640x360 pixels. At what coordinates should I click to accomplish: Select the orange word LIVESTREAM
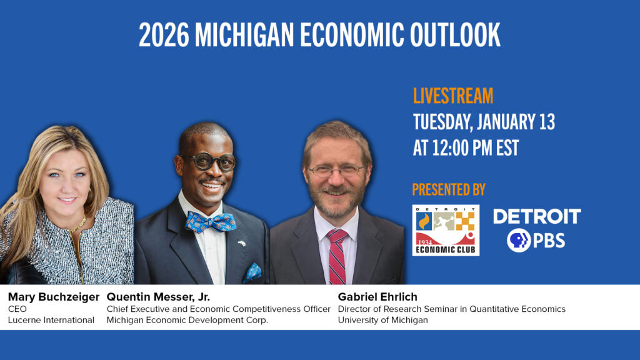tap(453, 96)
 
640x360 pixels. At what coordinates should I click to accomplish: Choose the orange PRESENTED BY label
tap(449, 189)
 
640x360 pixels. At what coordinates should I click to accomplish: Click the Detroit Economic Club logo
tap(446, 230)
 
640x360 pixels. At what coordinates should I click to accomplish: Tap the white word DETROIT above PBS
tap(537, 217)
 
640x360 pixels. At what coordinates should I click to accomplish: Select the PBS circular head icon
tap(518, 240)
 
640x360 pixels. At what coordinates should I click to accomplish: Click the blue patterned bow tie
tap(211, 221)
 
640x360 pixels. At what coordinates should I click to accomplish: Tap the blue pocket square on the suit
tap(253, 271)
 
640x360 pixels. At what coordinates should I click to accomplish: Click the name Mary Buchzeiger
tap(54, 297)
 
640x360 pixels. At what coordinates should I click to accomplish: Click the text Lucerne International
tap(51, 320)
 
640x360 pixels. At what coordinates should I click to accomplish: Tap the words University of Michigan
tap(382, 320)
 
